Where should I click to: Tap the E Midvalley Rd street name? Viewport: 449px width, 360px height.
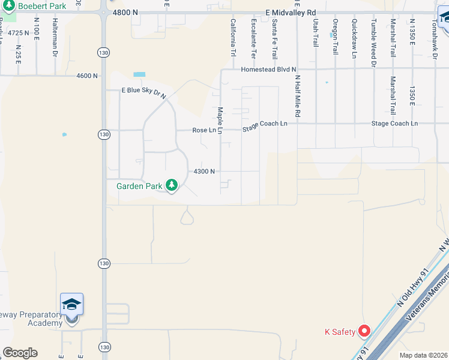291,13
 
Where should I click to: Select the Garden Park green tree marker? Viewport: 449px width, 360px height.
172,186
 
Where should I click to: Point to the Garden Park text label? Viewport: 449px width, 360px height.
139,186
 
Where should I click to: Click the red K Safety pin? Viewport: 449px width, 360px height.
364,331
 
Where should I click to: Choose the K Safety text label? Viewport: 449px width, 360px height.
337,332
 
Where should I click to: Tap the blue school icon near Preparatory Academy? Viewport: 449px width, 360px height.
71,305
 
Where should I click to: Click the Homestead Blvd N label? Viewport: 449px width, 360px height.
269,70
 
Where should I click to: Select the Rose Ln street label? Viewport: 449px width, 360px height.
204,130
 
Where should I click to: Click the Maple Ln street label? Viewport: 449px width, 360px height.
220,121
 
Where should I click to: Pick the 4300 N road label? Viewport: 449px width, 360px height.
204,172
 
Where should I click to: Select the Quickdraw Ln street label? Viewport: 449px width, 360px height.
354,35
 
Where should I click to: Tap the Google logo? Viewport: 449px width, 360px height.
20,353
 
